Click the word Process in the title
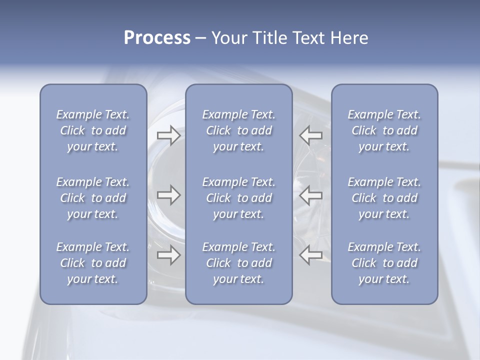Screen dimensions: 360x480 point(157,38)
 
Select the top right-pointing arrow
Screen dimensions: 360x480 point(168,135)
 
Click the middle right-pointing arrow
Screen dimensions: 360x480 point(168,195)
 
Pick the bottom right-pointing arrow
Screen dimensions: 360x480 point(168,255)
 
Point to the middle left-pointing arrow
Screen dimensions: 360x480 point(311,195)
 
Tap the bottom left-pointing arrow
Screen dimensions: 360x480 point(311,255)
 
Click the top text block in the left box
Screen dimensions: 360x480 point(93,130)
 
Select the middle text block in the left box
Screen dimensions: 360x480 point(93,198)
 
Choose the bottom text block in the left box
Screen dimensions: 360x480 point(93,263)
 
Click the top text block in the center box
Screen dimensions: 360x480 point(238,130)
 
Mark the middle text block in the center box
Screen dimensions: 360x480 point(238,198)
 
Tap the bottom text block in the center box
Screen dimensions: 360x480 point(238,263)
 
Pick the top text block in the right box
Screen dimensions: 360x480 point(384,130)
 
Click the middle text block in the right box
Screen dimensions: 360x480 point(384,198)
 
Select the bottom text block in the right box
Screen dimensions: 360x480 point(384,263)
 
